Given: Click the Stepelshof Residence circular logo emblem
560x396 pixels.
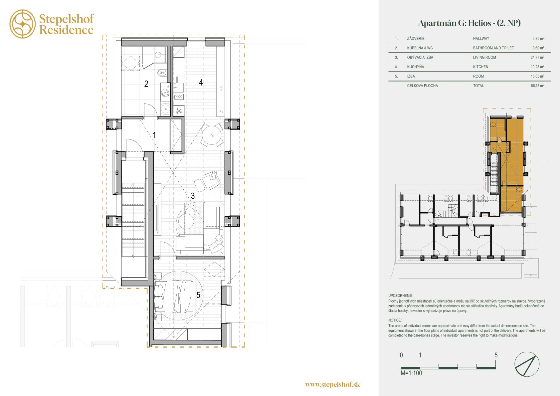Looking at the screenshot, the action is tap(23, 24).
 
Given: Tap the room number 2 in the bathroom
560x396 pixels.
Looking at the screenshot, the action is tap(146, 84).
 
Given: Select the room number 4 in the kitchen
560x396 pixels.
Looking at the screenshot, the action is tap(201, 82).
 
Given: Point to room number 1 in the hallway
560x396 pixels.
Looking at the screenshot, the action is tap(154, 135).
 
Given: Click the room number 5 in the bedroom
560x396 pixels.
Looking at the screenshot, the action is tap(198, 295).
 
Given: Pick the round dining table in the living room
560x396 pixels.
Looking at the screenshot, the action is tap(212, 135).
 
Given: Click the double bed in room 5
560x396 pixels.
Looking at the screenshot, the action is tap(174, 296).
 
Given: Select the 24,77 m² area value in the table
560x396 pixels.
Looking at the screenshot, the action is tap(537, 57).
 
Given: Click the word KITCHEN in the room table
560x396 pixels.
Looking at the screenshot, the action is tap(480, 67).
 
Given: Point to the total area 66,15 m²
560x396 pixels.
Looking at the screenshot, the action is tap(537, 86).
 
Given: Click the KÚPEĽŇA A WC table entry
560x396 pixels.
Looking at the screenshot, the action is tap(420, 48).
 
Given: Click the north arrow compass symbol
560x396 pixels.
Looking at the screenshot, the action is tap(527, 364).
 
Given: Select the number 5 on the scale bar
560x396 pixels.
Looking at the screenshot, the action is tap(496, 355).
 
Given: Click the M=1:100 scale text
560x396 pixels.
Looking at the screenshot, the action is tap(411, 373).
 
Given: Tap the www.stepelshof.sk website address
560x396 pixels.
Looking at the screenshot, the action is tap(332, 384).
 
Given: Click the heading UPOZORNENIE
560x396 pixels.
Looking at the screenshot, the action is tap(401, 296).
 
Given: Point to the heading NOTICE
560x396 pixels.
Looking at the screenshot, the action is tap(395, 320).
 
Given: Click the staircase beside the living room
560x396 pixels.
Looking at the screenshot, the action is tap(133, 220).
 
